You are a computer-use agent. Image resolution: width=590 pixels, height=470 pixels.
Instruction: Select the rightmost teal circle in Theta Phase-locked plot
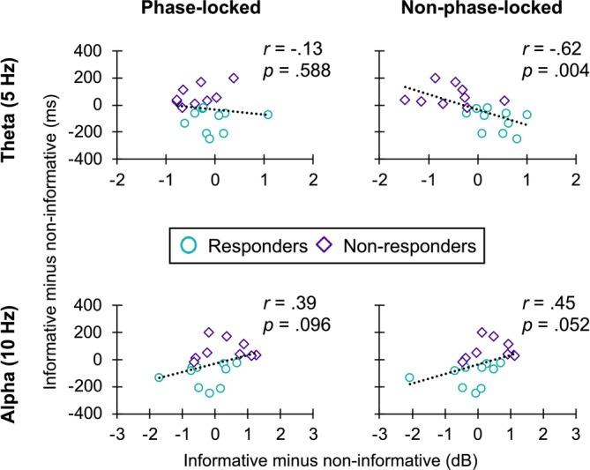268,115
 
